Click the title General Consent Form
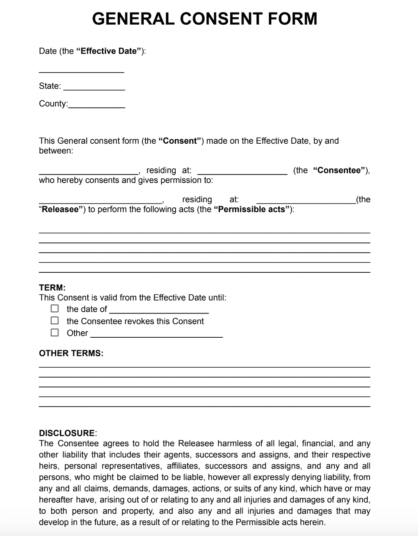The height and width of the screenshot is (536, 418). (x=205, y=19)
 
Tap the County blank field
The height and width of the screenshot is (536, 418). (x=96, y=105)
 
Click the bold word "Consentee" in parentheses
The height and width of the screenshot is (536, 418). (x=339, y=170)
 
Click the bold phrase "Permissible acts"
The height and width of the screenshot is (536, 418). (x=252, y=210)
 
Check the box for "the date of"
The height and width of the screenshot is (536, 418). (x=55, y=309)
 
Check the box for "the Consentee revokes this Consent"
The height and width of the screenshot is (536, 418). (x=55, y=321)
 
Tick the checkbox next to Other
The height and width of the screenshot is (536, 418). (x=55, y=333)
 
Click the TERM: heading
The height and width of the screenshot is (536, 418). (x=52, y=287)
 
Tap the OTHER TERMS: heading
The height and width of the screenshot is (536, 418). (x=71, y=353)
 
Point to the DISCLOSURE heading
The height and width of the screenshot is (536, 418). (x=67, y=433)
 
